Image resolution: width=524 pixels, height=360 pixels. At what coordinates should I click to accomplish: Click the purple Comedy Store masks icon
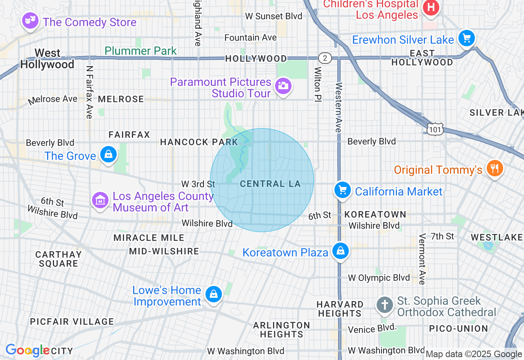(x=30, y=20)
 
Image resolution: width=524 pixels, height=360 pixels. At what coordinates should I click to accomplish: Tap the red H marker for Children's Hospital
(x=431, y=7)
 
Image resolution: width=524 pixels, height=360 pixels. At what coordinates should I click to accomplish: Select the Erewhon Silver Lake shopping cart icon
(x=466, y=38)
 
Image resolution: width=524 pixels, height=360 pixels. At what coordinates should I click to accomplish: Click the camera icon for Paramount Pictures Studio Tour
(x=283, y=86)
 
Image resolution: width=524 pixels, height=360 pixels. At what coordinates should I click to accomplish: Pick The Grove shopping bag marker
(x=108, y=154)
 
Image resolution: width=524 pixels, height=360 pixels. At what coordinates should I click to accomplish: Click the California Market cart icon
(x=342, y=190)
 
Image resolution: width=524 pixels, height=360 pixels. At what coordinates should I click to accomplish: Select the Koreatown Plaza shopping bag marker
(x=340, y=251)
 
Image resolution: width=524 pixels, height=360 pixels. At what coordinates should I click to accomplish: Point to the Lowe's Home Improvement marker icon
(x=213, y=294)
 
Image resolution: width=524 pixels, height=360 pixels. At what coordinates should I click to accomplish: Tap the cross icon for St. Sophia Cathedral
(x=384, y=305)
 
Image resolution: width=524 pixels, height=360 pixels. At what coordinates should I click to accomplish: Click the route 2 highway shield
(x=325, y=59)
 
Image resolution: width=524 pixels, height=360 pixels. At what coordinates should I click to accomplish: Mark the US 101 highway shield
(x=434, y=129)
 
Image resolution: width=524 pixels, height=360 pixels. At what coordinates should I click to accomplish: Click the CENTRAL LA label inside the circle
(x=270, y=184)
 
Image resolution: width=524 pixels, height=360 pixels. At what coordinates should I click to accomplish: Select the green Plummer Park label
(x=140, y=51)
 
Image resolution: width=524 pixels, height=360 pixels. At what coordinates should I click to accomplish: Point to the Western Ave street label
(x=339, y=107)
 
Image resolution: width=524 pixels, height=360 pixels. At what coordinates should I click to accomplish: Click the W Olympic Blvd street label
(x=379, y=278)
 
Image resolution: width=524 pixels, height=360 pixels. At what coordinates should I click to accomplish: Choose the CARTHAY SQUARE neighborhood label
(x=59, y=259)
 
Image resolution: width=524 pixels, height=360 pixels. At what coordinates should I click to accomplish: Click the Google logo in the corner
(x=27, y=351)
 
